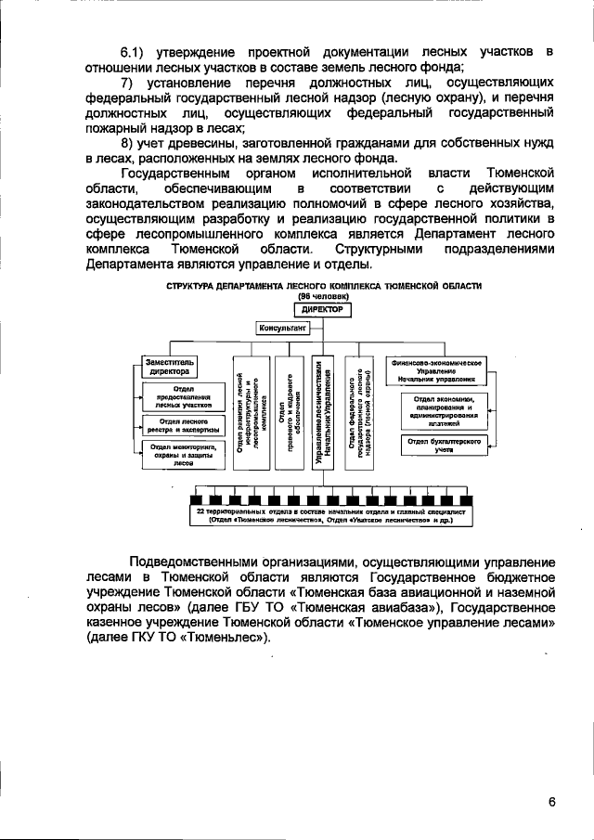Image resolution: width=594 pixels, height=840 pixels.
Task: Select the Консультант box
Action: (284, 328)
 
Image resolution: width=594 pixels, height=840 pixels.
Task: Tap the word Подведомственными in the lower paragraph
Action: (190, 562)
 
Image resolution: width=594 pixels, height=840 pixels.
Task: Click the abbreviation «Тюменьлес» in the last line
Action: (223, 639)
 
